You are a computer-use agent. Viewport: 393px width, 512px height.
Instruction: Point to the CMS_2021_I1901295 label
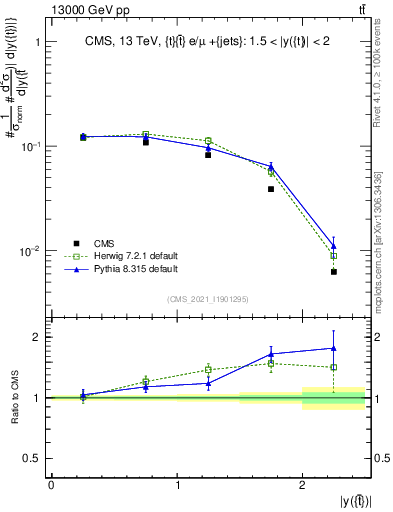pyautogui.click(x=209, y=299)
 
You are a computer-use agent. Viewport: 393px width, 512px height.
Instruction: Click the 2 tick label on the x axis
pyautogui.click(x=303, y=486)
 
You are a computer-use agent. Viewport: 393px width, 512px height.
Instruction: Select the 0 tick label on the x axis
pyautogui.click(x=51, y=486)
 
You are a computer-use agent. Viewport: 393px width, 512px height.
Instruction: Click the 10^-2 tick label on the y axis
pyautogui.click(x=30, y=250)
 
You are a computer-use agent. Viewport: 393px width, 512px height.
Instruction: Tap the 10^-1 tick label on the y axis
pyautogui.click(x=30, y=146)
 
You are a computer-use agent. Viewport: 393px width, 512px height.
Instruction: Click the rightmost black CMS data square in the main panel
pyautogui.click(x=334, y=272)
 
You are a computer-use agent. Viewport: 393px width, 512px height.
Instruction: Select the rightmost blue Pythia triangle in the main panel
pyautogui.click(x=334, y=245)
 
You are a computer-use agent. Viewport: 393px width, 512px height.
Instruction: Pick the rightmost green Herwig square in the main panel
pyautogui.click(x=334, y=256)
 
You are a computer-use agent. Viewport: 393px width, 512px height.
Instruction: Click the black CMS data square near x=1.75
pyautogui.click(x=271, y=189)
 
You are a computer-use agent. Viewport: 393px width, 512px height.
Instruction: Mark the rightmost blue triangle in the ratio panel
pyautogui.click(x=334, y=348)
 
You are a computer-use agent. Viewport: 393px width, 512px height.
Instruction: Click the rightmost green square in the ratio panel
pyautogui.click(x=334, y=367)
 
